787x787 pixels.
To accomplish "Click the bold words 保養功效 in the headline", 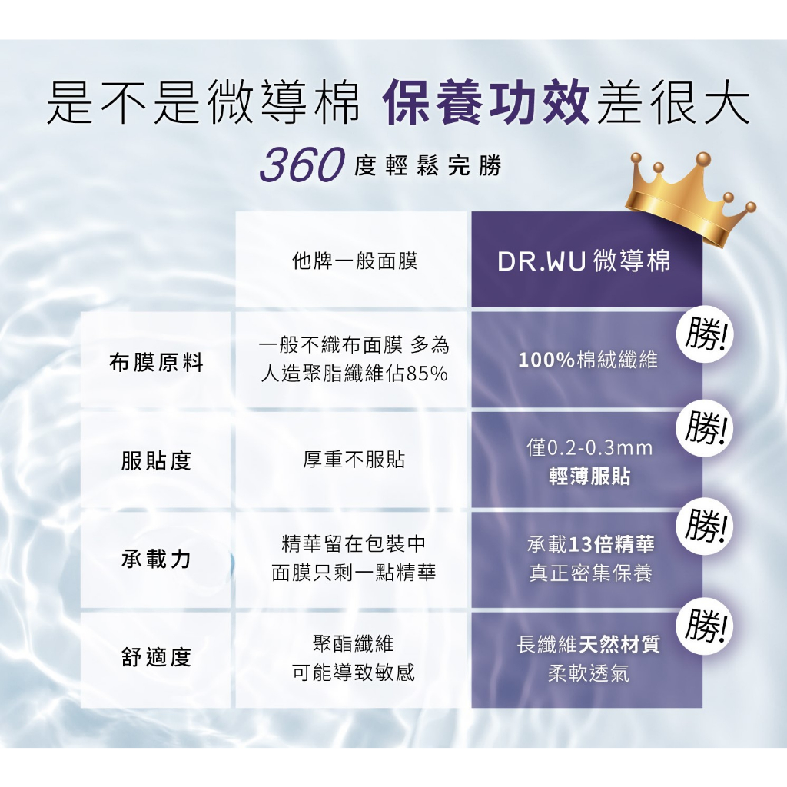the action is coord(485,105).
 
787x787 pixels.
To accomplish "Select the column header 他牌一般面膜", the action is coord(354,261).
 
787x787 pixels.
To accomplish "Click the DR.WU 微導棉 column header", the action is coord(584,261).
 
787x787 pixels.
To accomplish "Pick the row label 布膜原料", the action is coord(156,363).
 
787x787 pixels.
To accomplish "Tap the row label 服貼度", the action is coord(156,461).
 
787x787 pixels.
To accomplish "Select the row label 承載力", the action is coord(156,559).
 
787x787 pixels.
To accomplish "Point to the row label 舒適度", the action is coord(156,657).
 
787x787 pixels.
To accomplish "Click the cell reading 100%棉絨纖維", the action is coord(588,360).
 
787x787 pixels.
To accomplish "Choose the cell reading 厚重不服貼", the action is coord(354,460).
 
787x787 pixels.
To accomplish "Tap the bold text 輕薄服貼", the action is coord(589,477).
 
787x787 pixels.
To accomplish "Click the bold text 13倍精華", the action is coord(613,545).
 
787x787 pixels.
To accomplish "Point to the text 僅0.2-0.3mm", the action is coord(589,448).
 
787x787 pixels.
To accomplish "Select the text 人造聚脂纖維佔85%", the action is coord(354,375).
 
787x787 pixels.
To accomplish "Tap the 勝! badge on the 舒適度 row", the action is coord(706,626).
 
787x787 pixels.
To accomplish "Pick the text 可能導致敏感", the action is coord(354,673).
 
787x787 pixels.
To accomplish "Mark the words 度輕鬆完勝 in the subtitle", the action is coord(428,165).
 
